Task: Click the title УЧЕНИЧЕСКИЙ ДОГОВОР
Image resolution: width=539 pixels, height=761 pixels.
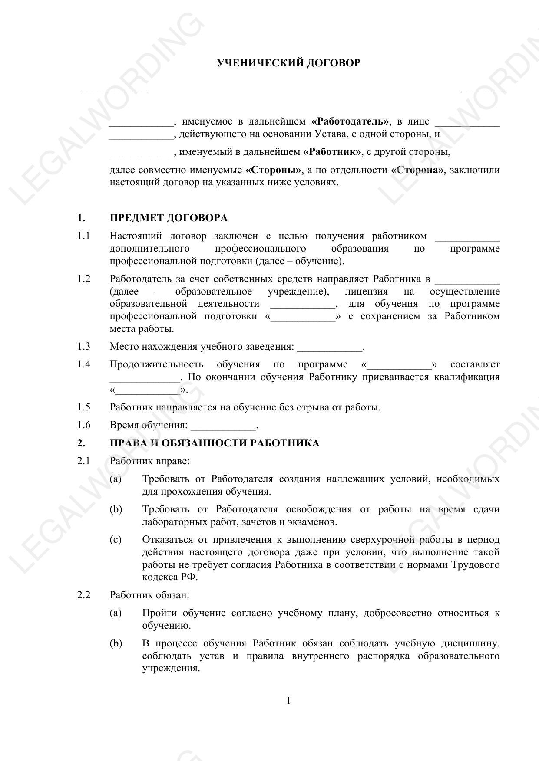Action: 288,63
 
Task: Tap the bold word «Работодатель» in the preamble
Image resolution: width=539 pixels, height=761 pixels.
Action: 350,121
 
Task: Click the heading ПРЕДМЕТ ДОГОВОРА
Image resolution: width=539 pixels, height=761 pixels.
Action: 169,218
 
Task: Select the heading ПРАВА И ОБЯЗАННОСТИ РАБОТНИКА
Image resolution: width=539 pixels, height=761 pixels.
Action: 214,443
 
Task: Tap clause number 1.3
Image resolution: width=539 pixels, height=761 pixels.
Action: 84,346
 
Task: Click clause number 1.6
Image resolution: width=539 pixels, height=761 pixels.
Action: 84,425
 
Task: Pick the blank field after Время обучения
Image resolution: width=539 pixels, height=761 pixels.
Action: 223,426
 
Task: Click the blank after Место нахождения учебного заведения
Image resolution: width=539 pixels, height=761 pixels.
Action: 330,348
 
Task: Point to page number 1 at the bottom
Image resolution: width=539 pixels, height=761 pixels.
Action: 288,701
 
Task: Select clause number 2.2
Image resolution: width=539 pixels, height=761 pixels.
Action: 84,595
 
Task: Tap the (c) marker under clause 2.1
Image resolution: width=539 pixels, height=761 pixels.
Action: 116,540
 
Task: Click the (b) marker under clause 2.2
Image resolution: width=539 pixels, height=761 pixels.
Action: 116,643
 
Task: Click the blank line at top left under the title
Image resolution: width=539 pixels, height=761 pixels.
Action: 114,91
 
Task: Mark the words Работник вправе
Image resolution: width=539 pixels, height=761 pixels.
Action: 149,461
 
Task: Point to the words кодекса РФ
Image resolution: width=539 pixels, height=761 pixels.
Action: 170,577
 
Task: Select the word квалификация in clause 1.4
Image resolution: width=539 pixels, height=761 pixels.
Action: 467,377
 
